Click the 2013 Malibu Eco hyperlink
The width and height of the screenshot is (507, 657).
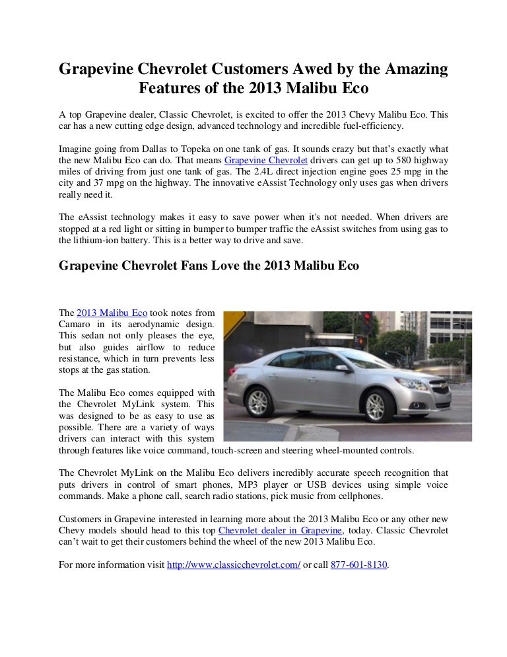pyautogui.click(x=112, y=313)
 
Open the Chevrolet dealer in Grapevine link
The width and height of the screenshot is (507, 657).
pyautogui.click(x=280, y=531)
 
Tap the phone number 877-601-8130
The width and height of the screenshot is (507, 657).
pyautogui.click(x=359, y=565)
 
